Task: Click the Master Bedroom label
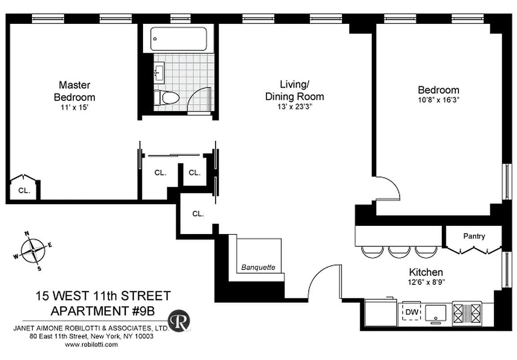pyautogui.click(x=74, y=91)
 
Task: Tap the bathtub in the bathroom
pyautogui.click(x=179, y=39)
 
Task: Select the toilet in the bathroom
pyautogui.click(x=166, y=97)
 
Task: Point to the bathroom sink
pyautogui.click(x=159, y=72)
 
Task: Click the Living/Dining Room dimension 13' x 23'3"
pyautogui.click(x=295, y=107)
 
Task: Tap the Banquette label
pyautogui.click(x=258, y=267)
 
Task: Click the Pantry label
pyautogui.click(x=474, y=236)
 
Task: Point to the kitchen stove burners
pyautogui.click(x=467, y=312)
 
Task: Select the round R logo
pyautogui.click(x=179, y=320)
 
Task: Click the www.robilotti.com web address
pyautogui.click(x=91, y=344)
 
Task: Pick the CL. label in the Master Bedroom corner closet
pyautogui.click(x=24, y=190)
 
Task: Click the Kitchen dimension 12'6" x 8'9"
pyautogui.click(x=426, y=283)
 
